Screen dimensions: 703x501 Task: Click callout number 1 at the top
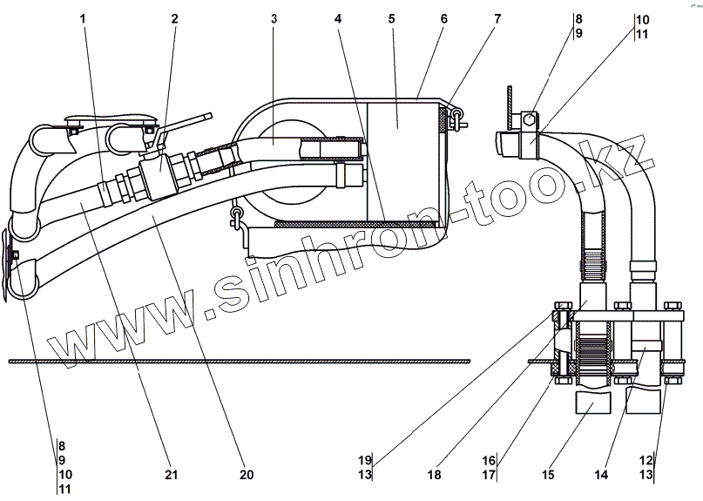84,17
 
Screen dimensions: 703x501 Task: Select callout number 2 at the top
174,17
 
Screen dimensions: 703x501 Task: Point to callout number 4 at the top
337,17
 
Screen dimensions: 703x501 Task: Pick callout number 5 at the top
392,17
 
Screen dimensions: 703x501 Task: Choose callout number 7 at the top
497,17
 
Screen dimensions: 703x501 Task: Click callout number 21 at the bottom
171,475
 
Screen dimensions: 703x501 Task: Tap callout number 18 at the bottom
434,475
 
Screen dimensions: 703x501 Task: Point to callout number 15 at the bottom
549,475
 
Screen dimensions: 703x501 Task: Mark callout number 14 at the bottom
601,475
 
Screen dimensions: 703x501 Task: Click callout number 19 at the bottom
364,460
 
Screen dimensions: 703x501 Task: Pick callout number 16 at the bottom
490,460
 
